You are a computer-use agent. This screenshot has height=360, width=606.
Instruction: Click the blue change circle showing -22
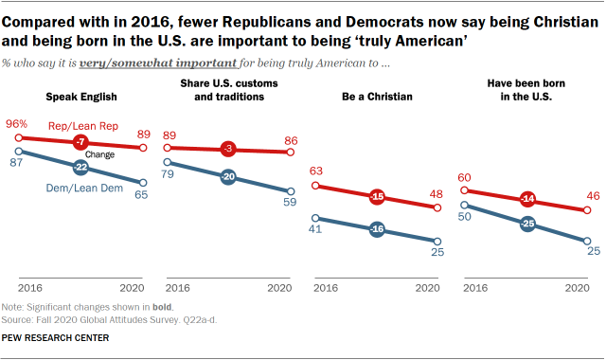(80, 167)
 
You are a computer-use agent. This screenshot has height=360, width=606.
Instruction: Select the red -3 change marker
(227, 149)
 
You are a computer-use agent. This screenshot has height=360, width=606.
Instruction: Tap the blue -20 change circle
(227, 177)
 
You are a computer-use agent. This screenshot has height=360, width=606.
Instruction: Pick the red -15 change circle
(377, 198)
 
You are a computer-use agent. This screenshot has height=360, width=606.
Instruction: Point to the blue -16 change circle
(377, 229)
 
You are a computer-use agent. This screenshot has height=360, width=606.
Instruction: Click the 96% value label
(17, 124)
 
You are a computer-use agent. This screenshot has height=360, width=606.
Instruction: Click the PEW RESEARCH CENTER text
(55, 338)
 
